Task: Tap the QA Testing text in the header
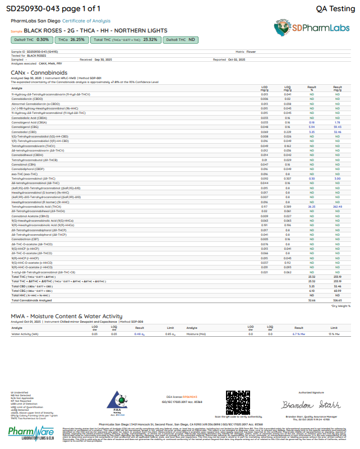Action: (x=332, y=9)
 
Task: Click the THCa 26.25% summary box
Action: (x=70, y=40)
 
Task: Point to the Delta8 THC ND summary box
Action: (x=180, y=40)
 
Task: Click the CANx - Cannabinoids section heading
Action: (x=39, y=72)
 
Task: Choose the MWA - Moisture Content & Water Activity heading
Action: (x=66, y=317)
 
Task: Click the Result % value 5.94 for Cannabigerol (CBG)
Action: (x=312, y=127)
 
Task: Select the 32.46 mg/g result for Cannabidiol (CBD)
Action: (x=338, y=131)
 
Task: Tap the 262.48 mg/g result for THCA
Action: (x=338, y=207)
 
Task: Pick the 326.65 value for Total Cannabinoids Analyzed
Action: (x=338, y=300)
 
